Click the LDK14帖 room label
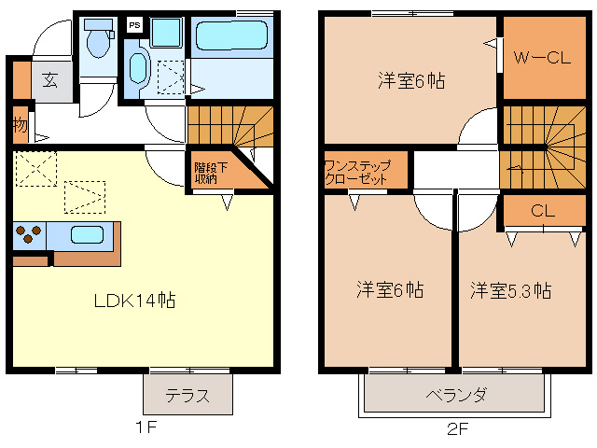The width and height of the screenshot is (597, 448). [x=134, y=301]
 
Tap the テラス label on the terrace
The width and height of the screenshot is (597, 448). [x=187, y=396]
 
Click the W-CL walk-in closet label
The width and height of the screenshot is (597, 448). [x=542, y=57]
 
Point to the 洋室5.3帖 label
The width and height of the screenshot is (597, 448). [x=509, y=289]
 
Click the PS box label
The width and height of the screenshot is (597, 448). [x=134, y=25]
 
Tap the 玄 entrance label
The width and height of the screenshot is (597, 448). [x=49, y=80]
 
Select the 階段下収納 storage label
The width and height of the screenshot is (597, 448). [x=206, y=172]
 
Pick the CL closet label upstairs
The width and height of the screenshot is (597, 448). [x=543, y=211]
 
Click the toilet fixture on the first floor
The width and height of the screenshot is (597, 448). [x=97, y=42]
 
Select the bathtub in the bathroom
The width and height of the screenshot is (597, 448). [x=231, y=36]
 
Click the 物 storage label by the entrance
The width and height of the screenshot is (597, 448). [x=20, y=123]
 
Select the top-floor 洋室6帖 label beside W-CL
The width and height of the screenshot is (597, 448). [x=410, y=80]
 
